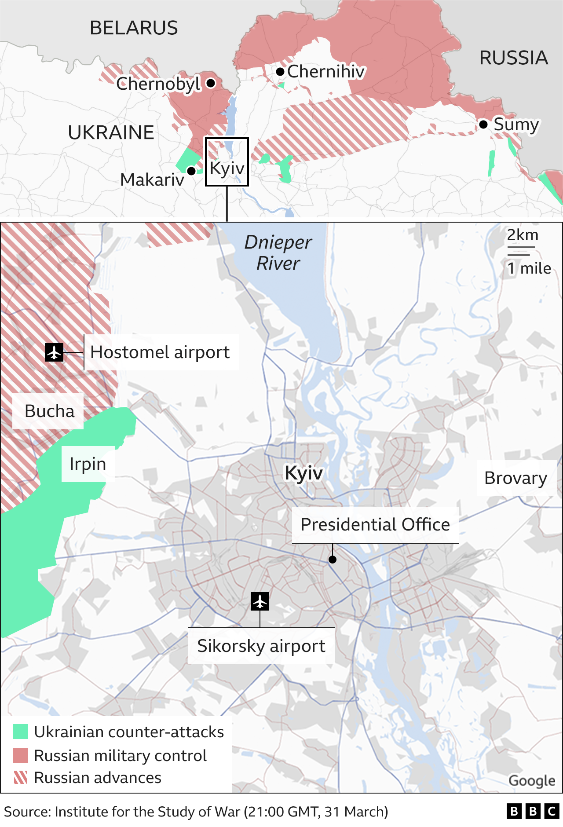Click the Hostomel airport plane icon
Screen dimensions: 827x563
coord(54,352)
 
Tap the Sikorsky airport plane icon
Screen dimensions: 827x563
coord(260,601)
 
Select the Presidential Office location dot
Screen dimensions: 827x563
coord(333,560)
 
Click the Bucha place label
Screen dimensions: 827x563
coord(49,411)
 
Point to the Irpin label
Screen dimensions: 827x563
coord(88,464)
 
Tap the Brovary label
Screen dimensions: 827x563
coord(515,478)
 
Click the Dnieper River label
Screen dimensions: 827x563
coord(278,253)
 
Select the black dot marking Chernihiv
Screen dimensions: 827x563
coord(280,71)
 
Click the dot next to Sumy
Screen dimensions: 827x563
coord(483,124)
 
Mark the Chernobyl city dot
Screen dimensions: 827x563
coord(211,83)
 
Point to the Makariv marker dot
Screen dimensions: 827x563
coord(191,171)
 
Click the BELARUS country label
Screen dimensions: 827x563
coord(134,28)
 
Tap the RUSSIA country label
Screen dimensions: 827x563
coord(513,58)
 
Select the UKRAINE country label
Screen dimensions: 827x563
coord(111,132)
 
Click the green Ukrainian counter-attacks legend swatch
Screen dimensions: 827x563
coord(21,732)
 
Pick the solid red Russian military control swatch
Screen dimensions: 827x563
coord(21,755)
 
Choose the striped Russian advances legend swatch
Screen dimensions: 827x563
coord(21,778)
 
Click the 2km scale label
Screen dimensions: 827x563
coord(523,235)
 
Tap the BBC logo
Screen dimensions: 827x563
coord(533,811)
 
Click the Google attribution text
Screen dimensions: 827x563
coord(532,780)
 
